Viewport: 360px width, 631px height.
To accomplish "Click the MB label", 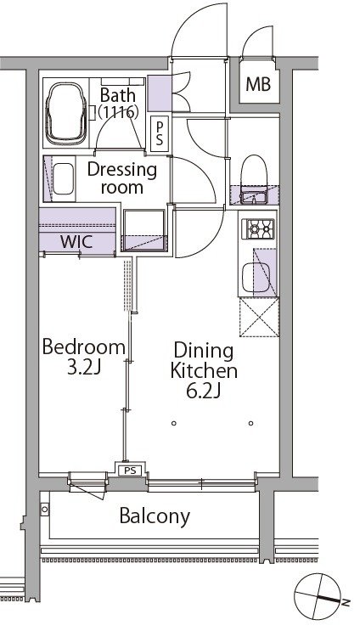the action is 258,85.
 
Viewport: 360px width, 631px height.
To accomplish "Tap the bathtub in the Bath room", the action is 66,114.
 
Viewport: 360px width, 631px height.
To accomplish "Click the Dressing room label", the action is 122,178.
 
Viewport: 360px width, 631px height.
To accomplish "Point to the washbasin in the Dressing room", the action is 63,178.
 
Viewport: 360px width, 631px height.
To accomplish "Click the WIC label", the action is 76,242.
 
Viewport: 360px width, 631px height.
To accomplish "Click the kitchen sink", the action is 254,277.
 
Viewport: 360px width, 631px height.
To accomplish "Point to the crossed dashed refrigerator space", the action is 259,317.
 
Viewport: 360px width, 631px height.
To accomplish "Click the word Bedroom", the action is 84,346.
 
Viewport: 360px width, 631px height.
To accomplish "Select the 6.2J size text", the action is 203,391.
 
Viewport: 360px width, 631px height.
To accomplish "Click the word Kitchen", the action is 204,370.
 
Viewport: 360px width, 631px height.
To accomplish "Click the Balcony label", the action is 155,516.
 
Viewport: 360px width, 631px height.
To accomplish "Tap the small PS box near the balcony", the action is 130,470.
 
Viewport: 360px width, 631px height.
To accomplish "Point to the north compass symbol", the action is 318,597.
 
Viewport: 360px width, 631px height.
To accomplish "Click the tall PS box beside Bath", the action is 160,133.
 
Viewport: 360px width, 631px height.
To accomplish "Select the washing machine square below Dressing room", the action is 144,230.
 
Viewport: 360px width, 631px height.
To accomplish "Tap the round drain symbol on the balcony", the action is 45,510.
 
